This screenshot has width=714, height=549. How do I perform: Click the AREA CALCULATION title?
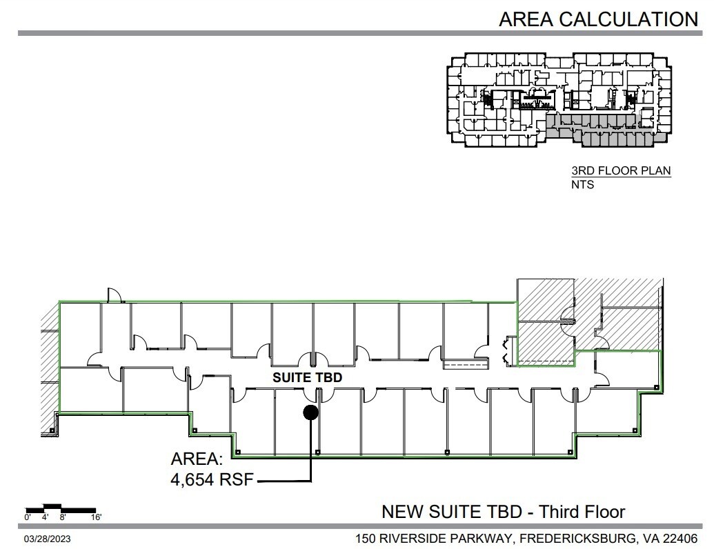pyautogui.click(x=598, y=19)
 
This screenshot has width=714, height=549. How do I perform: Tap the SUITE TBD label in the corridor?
pyautogui.click(x=308, y=378)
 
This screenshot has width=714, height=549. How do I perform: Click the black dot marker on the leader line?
pyautogui.click(x=310, y=412)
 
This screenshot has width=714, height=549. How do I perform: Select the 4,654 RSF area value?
pyautogui.click(x=212, y=480)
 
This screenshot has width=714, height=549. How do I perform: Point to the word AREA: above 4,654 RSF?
pyautogui.click(x=197, y=460)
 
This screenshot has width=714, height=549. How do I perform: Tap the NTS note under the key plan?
pyautogui.click(x=582, y=184)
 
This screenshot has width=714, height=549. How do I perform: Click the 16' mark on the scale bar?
pyautogui.click(x=96, y=517)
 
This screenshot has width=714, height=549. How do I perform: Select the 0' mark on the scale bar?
pyautogui.click(x=28, y=517)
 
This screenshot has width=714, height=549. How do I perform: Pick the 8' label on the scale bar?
pyautogui.click(x=63, y=517)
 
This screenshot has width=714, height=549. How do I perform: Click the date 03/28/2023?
pyautogui.click(x=49, y=537)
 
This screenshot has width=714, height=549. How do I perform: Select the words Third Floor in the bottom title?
pyautogui.click(x=582, y=512)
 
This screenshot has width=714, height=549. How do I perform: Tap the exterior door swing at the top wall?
pyautogui.click(x=115, y=296)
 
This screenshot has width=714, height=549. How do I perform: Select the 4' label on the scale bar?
pyautogui.click(x=45, y=517)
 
